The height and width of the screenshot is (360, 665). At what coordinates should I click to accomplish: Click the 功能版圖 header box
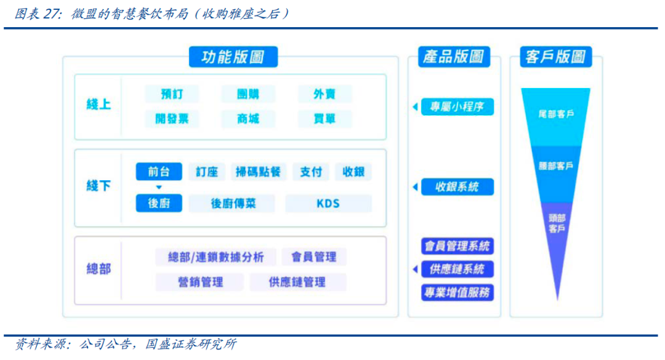pyautogui.click(x=233, y=57)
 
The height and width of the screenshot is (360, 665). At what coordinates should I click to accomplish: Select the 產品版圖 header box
pyautogui.click(x=454, y=57)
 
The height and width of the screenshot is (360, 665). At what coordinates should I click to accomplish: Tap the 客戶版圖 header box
pyautogui.click(x=555, y=57)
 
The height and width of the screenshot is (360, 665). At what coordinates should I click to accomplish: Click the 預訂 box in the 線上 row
pyautogui.click(x=171, y=94)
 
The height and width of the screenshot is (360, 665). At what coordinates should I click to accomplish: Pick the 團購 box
pyautogui.click(x=248, y=94)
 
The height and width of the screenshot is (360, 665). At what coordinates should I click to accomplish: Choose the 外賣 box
pyautogui.click(x=324, y=94)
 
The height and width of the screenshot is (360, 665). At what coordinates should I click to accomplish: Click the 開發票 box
pyautogui.click(x=171, y=119)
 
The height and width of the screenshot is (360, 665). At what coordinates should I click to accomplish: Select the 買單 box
pyautogui.click(x=324, y=119)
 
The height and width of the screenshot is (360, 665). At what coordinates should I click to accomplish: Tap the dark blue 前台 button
pyautogui.click(x=159, y=172)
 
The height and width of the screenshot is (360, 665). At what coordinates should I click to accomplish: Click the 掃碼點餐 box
pyautogui.click(x=259, y=172)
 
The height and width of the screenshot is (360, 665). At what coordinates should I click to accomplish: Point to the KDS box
pyautogui.click(x=328, y=204)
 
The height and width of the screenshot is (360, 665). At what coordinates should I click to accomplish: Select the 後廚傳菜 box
pyautogui.click(x=232, y=204)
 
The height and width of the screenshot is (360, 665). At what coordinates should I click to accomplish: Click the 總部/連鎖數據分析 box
pyautogui.click(x=216, y=257)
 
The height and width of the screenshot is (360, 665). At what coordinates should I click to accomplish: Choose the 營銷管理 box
pyautogui.click(x=201, y=282)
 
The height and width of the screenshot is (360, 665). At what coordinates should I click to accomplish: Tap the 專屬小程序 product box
pyautogui.click(x=457, y=107)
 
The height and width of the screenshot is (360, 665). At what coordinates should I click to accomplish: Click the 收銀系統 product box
pyautogui.click(x=457, y=186)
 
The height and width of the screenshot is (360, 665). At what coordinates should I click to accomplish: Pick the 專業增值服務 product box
pyautogui.click(x=457, y=292)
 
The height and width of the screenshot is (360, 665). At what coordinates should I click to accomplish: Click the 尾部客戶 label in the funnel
pyautogui.click(x=556, y=114)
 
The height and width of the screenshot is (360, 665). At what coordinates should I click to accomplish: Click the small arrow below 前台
pyautogui.click(x=159, y=187)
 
